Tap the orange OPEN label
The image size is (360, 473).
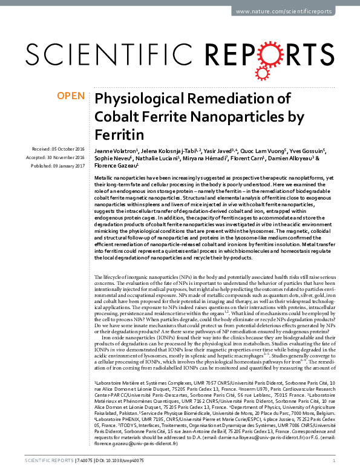pos(71,96)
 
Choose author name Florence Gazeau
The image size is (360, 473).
pos(116,164)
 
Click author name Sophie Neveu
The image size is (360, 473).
pos(110,157)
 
